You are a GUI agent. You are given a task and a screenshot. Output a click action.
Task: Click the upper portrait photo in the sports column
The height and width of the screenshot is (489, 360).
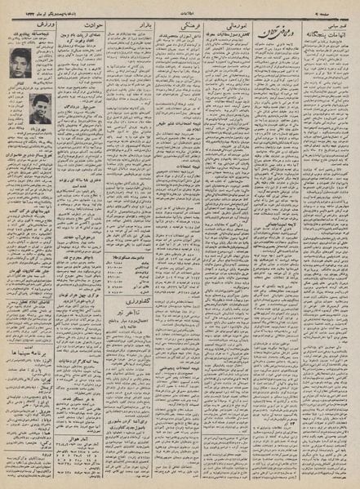(20, 62)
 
